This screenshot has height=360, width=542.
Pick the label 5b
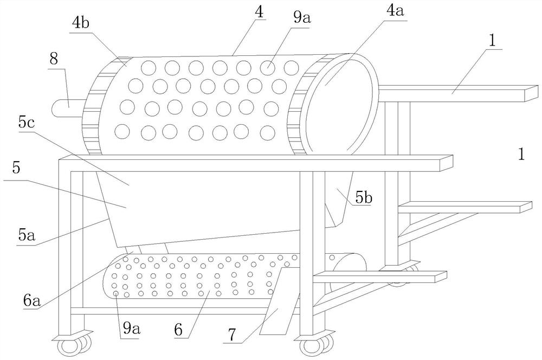pyautogui.click(x=363, y=199)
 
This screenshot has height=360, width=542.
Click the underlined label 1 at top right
pyautogui.click(x=491, y=41)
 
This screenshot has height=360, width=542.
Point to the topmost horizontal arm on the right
pyautogui.click(x=461, y=93)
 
